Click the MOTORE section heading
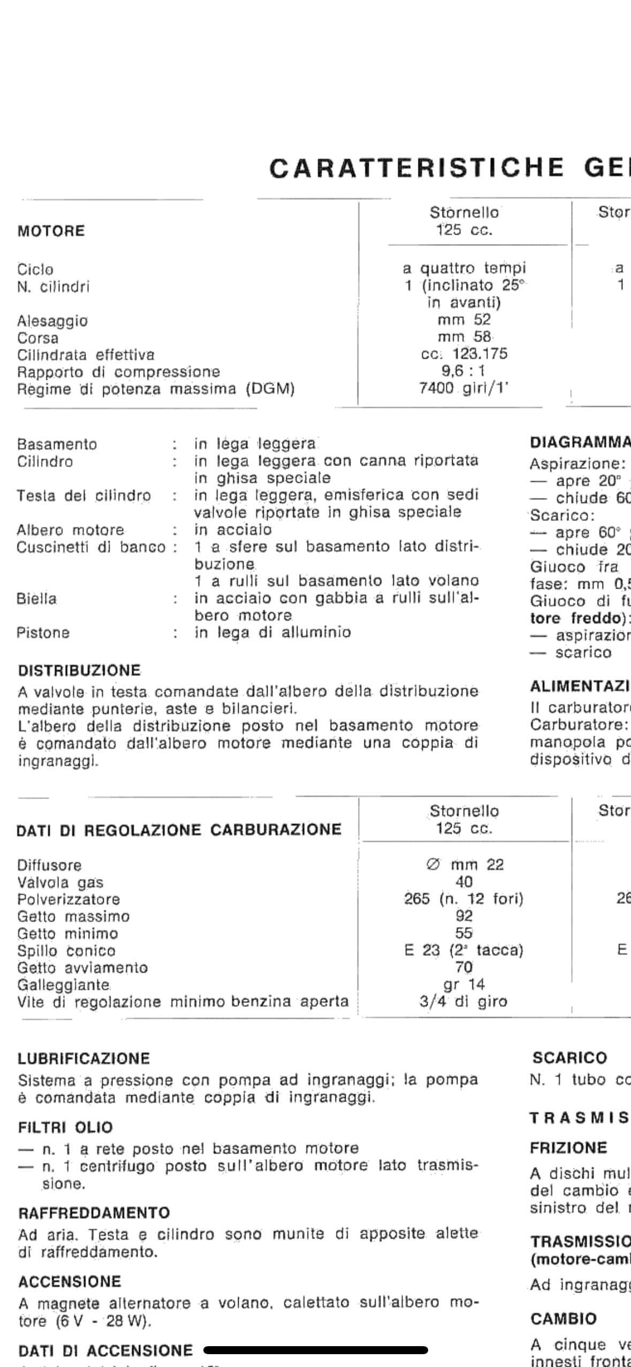pyautogui.click(x=51, y=231)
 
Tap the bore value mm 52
pyautogui.click(x=463, y=320)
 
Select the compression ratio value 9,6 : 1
pyautogui.click(x=463, y=371)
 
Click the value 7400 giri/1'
pyautogui.click(x=463, y=388)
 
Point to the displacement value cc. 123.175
pyautogui.click(x=463, y=354)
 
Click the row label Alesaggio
pyautogui.click(x=52, y=321)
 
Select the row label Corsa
pyautogui.click(x=37, y=338)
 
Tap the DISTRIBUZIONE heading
pyautogui.click(x=79, y=671)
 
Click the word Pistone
pyautogui.click(x=43, y=633)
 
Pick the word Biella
pyautogui.click(x=36, y=598)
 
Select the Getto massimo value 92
pyautogui.click(x=464, y=916)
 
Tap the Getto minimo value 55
pyautogui.click(x=464, y=933)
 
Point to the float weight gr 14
pyautogui.click(x=464, y=984)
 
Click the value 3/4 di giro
pyautogui.click(x=463, y=1001)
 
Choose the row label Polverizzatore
pyautogui.click(x=69, y=900)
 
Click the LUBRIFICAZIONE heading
pyautogui.click(x=83, y=1058)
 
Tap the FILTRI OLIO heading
pyautogui.click(x=65, y=1127)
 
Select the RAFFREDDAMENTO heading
pyautogui.click(x=94, y=1212)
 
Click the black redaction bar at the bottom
pyautogui.click(x=316, y=1350)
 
